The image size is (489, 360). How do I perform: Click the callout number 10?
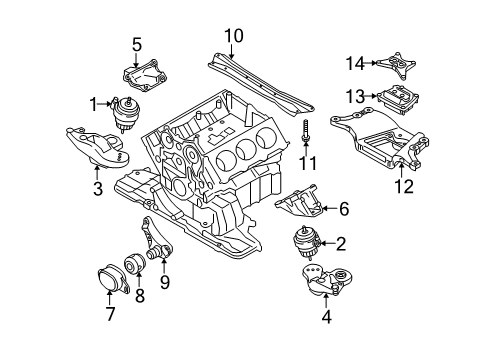coord(234,36)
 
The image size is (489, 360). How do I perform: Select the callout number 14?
coord(355,63)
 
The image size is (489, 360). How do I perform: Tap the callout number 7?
coord(110,314)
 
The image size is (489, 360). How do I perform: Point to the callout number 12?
coord(404,186)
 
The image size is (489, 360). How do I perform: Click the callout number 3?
coord(98,189)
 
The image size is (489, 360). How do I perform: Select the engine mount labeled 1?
coord(126,113)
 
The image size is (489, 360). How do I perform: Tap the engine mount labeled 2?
coord(306,243)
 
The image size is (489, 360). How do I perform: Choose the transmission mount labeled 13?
coord(398,99)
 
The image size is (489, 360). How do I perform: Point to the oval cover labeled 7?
coord(113,279)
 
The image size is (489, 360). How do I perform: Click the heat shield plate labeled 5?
coord(144,75)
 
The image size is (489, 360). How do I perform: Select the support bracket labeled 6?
coord(299,201)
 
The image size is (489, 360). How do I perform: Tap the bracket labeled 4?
coord(327,279)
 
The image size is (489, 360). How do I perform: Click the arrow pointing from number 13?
coord(371,96)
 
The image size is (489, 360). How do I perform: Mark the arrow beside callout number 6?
coord(330,208)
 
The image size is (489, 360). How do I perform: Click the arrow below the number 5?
coord(136,60)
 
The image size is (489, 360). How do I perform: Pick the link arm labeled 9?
coord(157,242)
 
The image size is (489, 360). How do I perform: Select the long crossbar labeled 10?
coord(261,85)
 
